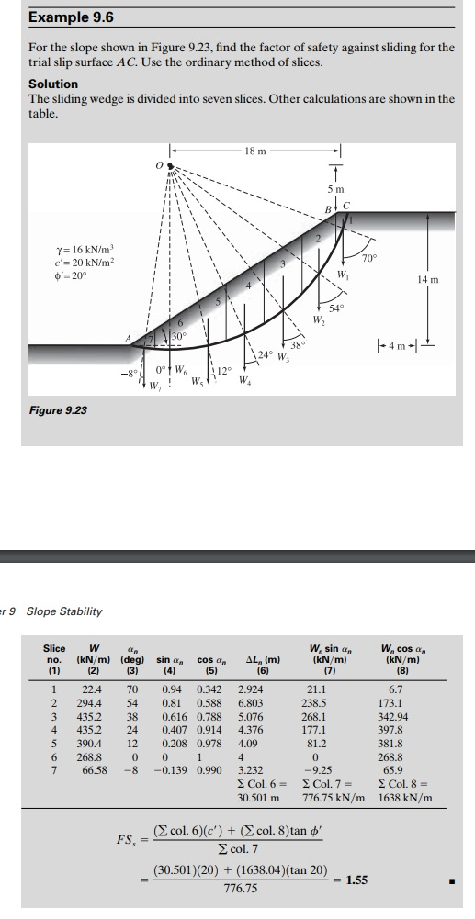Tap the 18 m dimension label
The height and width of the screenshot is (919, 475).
[x=254, y=151]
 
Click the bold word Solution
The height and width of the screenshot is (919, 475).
[x=53, y=84]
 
